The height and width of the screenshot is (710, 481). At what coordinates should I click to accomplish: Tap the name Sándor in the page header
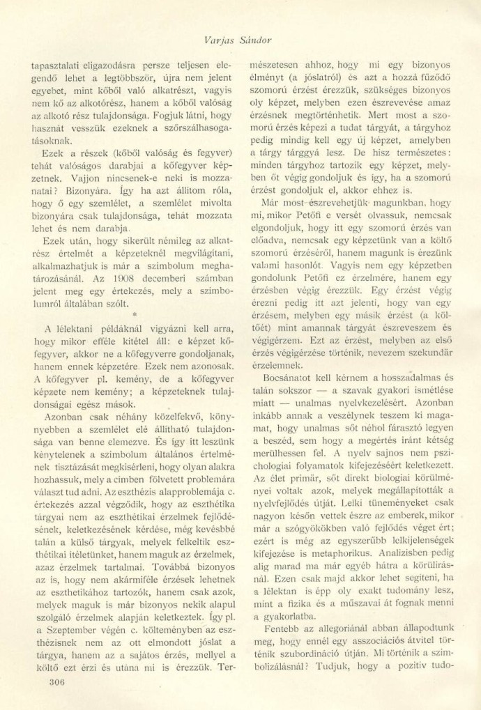(257, 40)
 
